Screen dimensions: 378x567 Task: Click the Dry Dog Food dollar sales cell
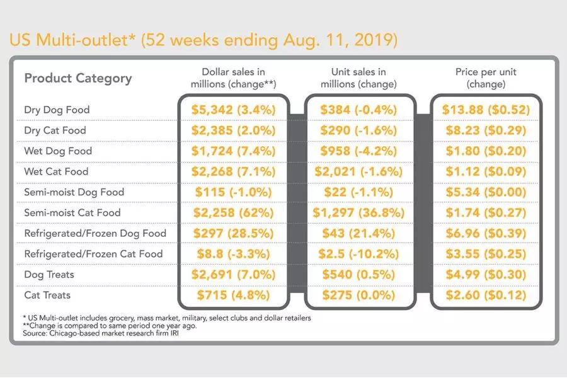[233, 110]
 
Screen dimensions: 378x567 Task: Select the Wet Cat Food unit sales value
[358, 171]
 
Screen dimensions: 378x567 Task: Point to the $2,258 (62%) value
[233, 213]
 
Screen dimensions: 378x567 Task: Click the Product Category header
[78, 78]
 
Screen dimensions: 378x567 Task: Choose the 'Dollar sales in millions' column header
[233, 78]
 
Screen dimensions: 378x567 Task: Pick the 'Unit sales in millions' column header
[358, 78]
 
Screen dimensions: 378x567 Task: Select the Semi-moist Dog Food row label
[74, 192]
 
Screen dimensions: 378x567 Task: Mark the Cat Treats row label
[47, 295]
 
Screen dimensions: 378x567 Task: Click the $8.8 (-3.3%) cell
[233, 254]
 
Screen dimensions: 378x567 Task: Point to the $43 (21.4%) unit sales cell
[358, 233]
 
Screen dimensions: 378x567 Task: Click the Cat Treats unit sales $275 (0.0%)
[358, 295]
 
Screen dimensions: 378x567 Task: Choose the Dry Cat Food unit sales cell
[358, 130]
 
